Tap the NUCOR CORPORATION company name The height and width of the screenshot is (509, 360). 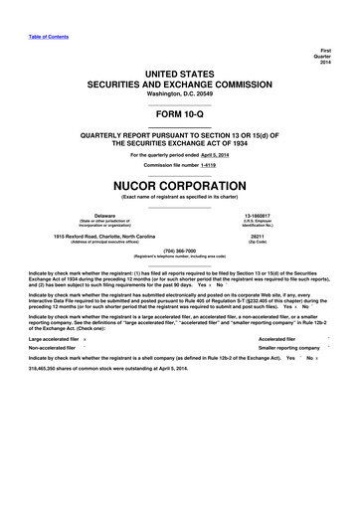[x=179, y=183]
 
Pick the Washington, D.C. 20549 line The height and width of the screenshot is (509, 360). [x=179, y=88]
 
